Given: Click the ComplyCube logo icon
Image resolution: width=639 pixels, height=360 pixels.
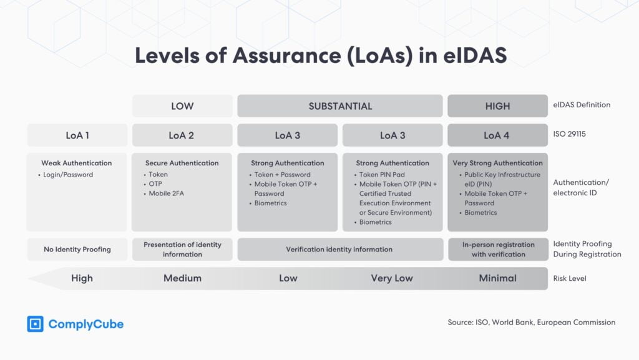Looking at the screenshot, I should pyautogui.click(x=35, y=324).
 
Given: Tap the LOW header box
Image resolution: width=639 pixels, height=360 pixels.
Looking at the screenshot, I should pyautogui.click(x=182, y=106).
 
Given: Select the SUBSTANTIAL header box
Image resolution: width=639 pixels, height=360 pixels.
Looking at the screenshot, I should pyautogui.click(x=340, y=106).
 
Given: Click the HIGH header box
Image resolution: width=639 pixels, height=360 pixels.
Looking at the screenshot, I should pyautogui.click(x=497, y=106).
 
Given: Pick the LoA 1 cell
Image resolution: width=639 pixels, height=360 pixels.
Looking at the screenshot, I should pyautogui.click(x=77, y=135).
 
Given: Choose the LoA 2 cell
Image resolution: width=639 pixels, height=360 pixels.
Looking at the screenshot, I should pyautogui.click(x=182, y=135).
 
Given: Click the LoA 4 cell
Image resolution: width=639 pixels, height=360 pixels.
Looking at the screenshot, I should pyautogui.click(x=497, y=135).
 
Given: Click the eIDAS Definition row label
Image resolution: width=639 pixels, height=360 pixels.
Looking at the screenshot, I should pyautogui.click(x=582, y=105).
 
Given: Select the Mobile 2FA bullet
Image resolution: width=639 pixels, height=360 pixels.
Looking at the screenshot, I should pyautogui.click(x=166, y=193).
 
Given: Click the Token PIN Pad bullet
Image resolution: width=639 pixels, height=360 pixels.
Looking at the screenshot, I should pyautogui.click(x=382, y=175).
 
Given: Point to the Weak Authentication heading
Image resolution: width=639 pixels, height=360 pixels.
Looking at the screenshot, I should pyautogui.click(x=77, y=163).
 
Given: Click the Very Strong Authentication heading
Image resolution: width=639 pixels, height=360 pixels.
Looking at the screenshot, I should pyautogui.click(x=497, y=163).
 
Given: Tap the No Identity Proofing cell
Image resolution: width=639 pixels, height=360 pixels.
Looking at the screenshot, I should pyautogui.click(x=77, y=250).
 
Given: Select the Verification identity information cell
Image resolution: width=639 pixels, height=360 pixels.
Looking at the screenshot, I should pyautogui.click(x=339, y=250).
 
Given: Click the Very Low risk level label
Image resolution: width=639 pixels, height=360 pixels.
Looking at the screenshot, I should pyautogui.click(x=391, y=278).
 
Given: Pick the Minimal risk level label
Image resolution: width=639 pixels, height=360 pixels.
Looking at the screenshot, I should pyautogui.click(x=497, y=278).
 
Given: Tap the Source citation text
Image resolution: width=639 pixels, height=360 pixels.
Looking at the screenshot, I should pyautogui.click(x=531, y=323).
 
